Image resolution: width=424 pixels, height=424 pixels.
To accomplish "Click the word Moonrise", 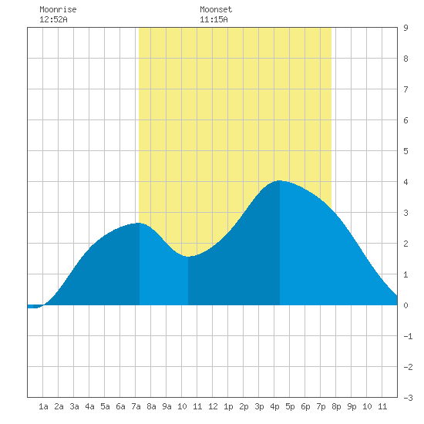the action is tap(58, 9).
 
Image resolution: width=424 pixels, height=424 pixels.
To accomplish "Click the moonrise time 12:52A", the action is tap(53, 19).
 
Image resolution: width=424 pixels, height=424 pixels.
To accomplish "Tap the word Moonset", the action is tap(216, 9).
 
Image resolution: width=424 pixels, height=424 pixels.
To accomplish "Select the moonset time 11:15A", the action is tap(214, 19).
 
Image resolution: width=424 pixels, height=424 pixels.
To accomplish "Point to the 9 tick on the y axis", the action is tap(405, 28).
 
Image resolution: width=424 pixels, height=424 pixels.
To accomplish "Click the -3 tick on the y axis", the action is tap(408, 398).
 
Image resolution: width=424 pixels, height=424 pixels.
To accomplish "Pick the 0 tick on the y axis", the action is tap(405, 305).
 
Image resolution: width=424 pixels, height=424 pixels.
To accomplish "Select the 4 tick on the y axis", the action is tap(405, 182).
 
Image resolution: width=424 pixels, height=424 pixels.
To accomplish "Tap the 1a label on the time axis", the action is tap(43, 406).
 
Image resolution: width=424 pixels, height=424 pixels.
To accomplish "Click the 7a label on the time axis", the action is tap(136, 406).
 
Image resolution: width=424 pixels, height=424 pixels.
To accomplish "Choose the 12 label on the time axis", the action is tap(213, 406).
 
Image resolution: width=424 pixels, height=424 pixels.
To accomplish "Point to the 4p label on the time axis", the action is tap(274, 406).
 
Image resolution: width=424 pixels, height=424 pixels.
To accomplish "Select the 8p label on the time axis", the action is tap(336, 406).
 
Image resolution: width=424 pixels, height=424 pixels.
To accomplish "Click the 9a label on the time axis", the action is tap(167, 406).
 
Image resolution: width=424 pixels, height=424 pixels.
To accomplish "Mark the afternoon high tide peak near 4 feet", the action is tap(279, 180).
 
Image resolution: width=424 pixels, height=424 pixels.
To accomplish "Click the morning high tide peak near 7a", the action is tap(139, 223).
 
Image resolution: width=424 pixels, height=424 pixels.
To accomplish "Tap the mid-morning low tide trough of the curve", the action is tap(188, 257).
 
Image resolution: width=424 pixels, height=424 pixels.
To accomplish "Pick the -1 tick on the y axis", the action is tap(408, 336).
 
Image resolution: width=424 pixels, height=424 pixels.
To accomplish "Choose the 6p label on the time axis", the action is tap(305, 406).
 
